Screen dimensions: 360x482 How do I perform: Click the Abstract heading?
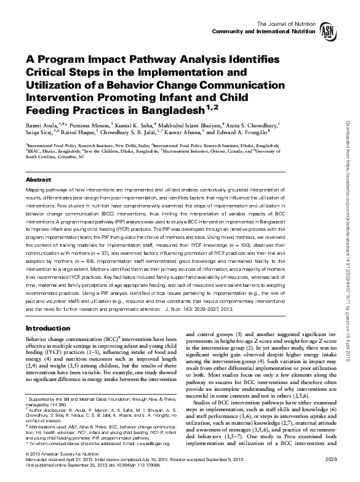click(38, 179)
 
